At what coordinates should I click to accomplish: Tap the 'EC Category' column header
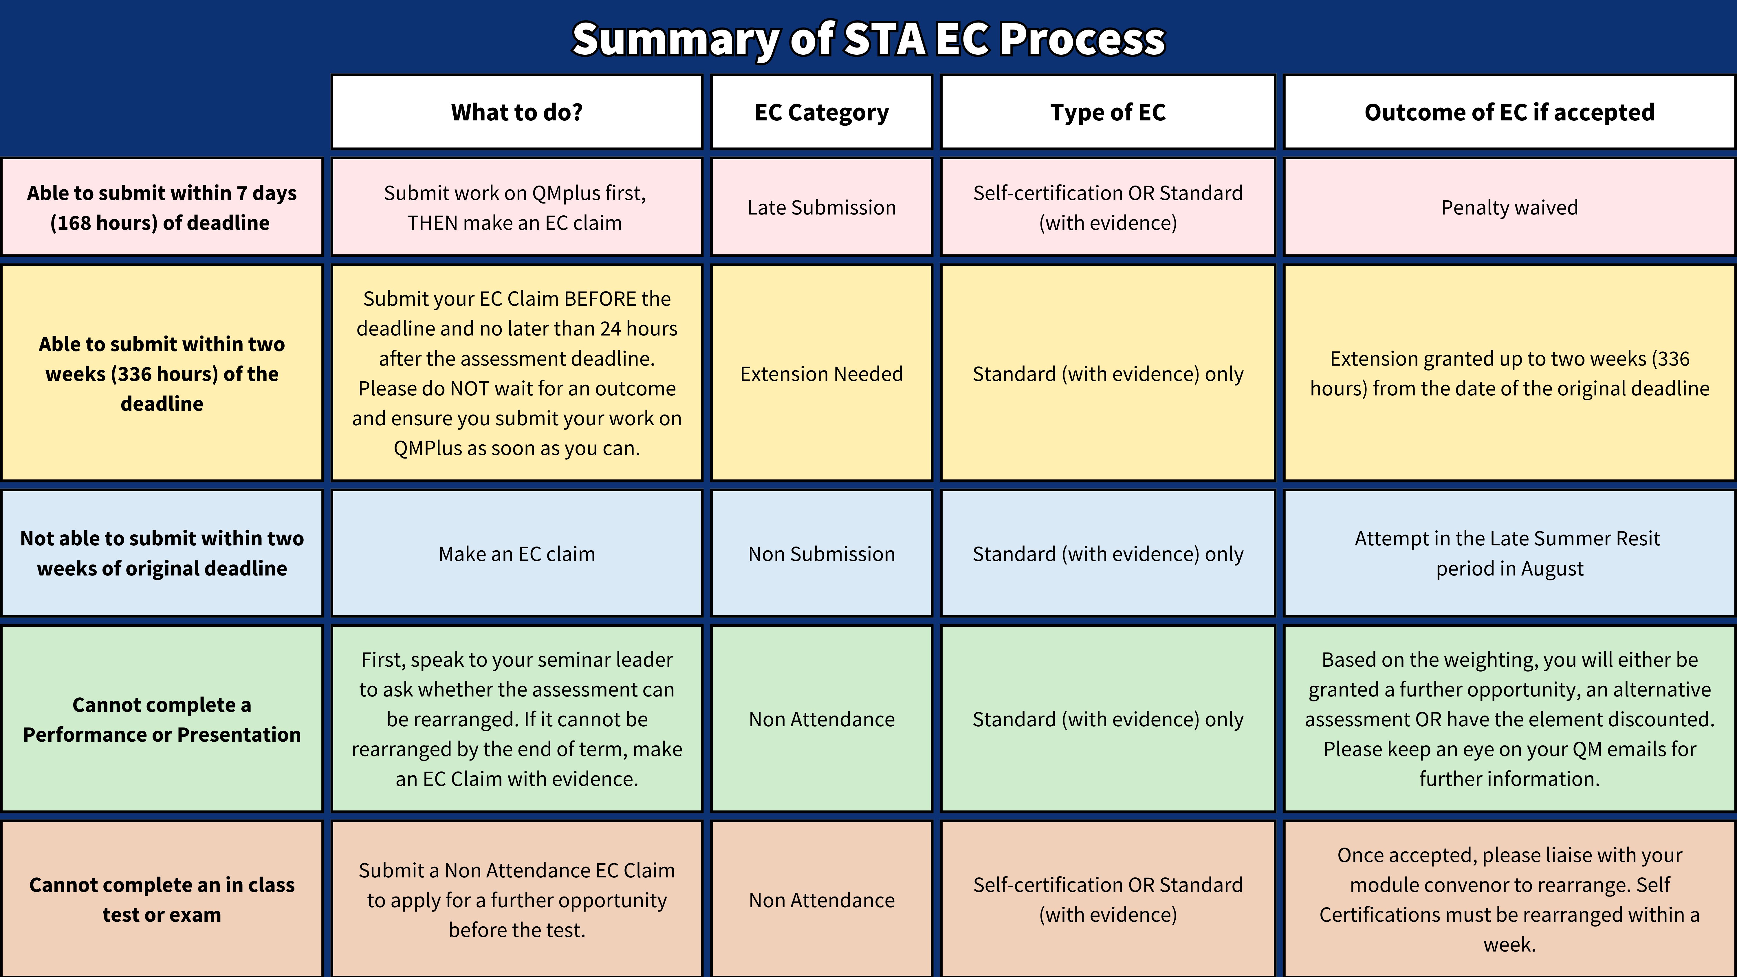pos(821,112)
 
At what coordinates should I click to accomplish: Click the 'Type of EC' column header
pos(1108,112)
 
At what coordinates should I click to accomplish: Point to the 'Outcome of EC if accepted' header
pos(1509,112)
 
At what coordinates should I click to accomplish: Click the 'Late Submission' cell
pos(821,207)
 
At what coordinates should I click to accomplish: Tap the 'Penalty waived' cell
pos(1509,207)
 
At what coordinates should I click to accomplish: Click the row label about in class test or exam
pos(162,899)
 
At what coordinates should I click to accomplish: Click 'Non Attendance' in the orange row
pos(821,899)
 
